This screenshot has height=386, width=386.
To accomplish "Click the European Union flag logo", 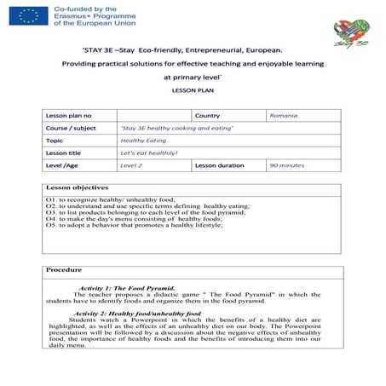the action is pos(31,15).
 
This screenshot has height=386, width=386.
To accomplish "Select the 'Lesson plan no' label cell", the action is pos(68,115).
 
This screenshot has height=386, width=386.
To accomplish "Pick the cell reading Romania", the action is pos(283,115).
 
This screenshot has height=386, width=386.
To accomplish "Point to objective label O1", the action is pos(50,199).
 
